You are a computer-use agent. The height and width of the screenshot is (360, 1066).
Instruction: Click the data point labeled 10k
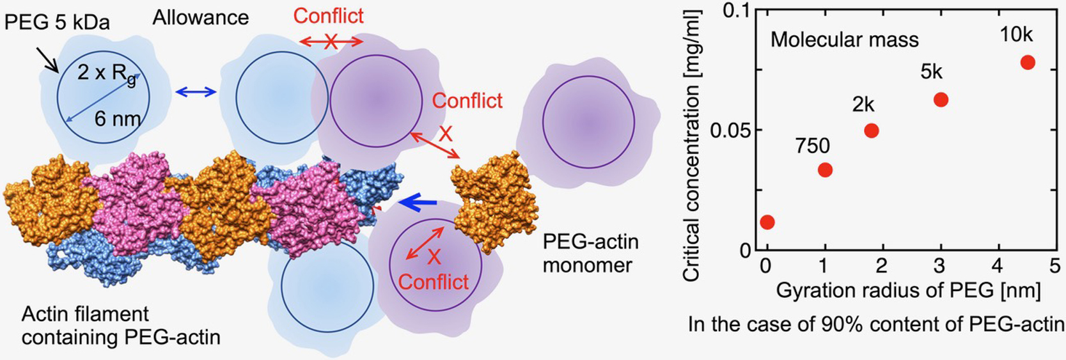1027,62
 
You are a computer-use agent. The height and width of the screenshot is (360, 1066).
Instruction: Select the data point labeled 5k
941,100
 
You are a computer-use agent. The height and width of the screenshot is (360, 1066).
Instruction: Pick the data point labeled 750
825,169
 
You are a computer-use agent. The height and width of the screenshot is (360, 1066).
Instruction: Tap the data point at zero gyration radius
767,222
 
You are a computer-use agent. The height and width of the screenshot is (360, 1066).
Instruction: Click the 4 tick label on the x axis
998,265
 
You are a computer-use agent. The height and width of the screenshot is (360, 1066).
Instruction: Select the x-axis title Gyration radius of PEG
908,291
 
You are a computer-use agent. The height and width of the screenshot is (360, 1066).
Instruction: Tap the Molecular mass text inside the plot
844,40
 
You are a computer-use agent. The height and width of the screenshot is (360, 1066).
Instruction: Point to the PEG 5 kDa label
57,22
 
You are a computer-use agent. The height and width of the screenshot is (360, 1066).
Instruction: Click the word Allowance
200,17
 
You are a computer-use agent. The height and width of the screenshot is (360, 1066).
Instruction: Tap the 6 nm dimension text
117,118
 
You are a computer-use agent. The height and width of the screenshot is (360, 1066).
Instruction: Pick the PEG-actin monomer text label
590,253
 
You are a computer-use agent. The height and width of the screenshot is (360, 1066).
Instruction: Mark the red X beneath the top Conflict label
331,42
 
